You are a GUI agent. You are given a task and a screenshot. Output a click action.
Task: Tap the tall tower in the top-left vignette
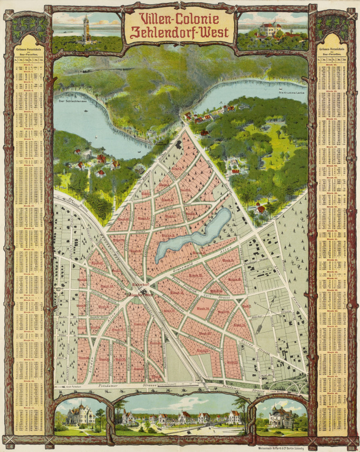(x=85, y=30)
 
